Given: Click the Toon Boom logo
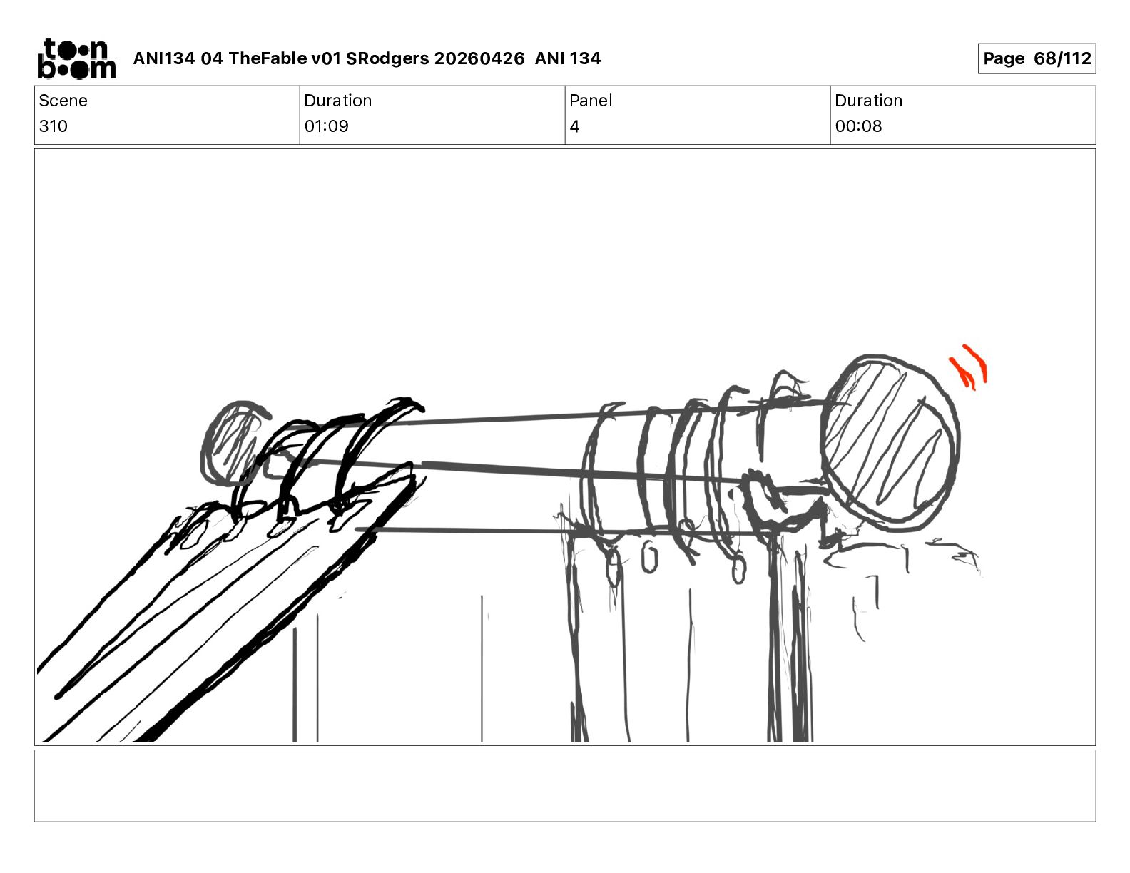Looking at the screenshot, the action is [x=77, y=58].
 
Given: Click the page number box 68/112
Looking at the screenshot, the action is [x=1037, y=58].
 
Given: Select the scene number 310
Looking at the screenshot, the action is [x=53, y=126].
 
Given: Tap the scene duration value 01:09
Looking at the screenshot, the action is [x=326, y=126].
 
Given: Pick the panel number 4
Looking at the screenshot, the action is [x=574, y=126].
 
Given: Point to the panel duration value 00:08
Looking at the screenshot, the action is [x=858, y=126].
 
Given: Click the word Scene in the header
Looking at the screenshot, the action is [x=63, y=101].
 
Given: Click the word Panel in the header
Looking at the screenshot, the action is [x=591, y=101].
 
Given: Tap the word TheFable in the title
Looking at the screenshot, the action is [x=268, y=58].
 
